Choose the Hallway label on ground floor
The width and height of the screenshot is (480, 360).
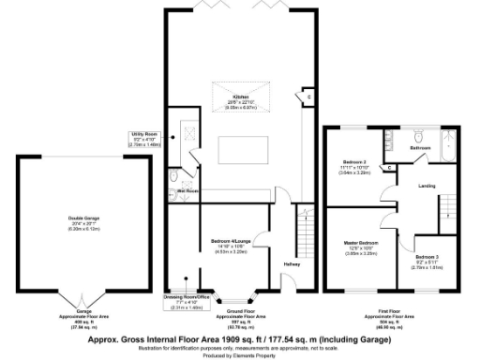coord(291,263)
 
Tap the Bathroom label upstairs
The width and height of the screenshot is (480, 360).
coord(420,147)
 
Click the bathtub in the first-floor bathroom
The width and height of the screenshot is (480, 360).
coord(451,144)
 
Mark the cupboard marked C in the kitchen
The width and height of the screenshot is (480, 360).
coord(307,96)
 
